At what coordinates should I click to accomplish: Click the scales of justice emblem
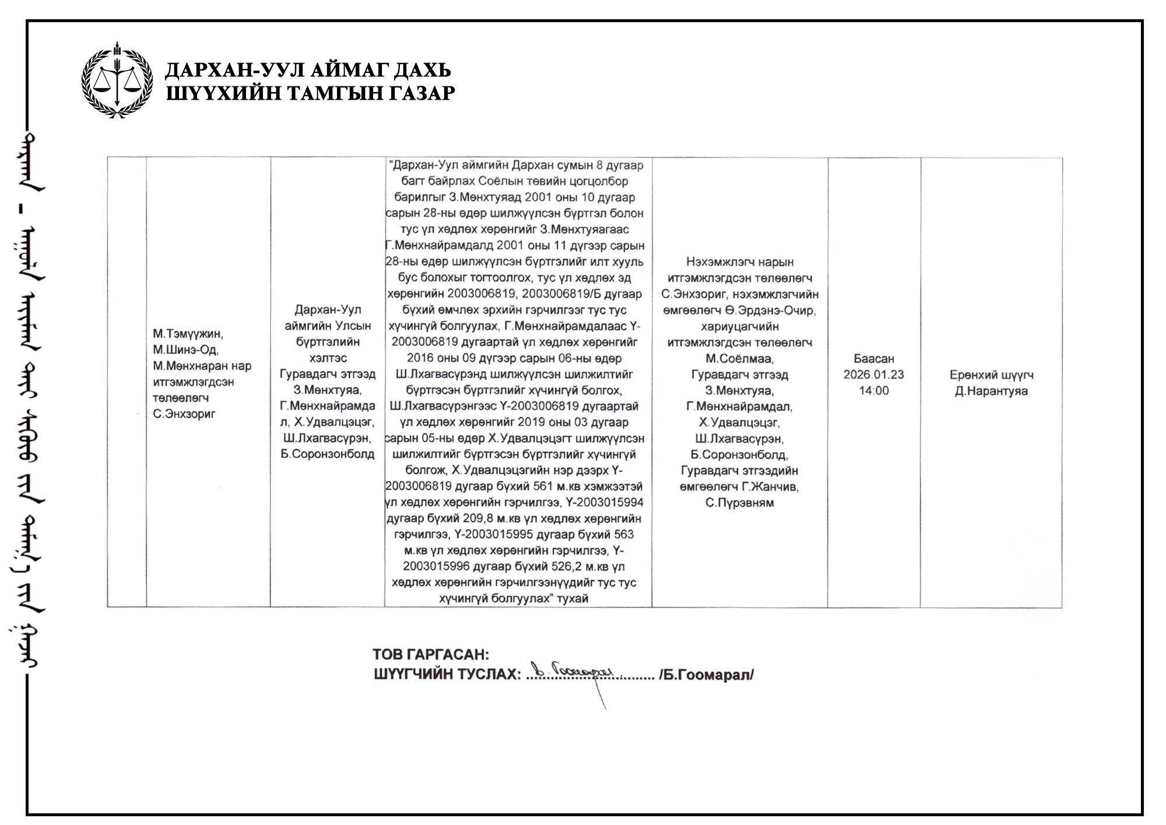coord(118,80)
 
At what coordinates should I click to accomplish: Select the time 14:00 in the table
coord(873,391)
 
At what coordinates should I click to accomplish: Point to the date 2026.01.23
coord(873,375)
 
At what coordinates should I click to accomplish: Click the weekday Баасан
coord(873,359)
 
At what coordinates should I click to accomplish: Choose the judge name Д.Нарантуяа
coord(991,391)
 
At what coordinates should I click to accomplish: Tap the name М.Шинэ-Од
coord(185,350)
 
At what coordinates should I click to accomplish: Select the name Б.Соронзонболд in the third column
coord(327,454)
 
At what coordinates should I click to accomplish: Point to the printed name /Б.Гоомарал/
coord(707,675)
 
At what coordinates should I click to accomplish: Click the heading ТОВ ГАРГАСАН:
coord(431,655)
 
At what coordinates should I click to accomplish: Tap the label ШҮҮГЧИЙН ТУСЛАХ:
coord(447,675)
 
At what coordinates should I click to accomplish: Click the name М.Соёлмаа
coord(739,358)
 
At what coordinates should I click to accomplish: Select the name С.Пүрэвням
coord(739,503)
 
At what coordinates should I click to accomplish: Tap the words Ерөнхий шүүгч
coord(991,375)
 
